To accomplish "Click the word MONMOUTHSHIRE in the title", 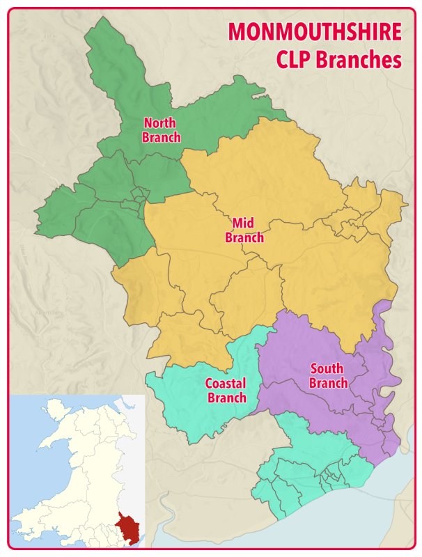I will click(x=315, y=32).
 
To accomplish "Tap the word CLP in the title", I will click(x=293, y=60).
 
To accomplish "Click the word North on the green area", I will click(x=159, y=123).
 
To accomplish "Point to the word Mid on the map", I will click(x=243, y=223).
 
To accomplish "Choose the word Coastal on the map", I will click(x=225, y=384).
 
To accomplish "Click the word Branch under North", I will click(x=161, y=137).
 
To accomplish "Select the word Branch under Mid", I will click(x=244, y=237).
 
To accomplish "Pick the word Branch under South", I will click(x=328, y=383).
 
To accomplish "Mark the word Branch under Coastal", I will click(x=226, y=398).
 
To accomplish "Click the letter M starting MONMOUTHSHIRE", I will click(x=237, y=32).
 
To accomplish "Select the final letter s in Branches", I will click(x=398, y=60).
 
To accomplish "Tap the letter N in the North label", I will click(x=146, y=123).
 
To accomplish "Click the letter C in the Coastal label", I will click(x=209, y=384).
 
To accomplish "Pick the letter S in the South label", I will click(x=314, y=369).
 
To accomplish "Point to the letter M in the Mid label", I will click(x=236, y=223).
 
